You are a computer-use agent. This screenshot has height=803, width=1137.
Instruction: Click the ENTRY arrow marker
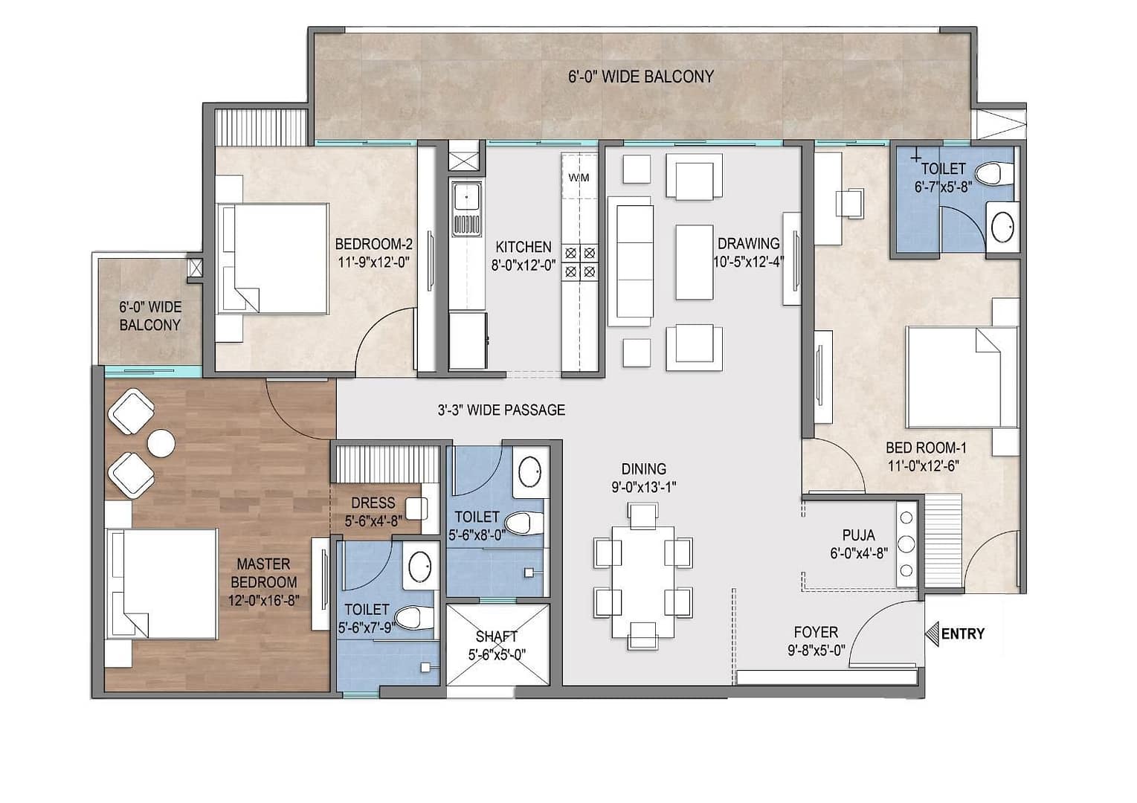coord(932,634)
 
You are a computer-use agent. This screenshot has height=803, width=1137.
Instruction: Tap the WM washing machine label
coord(579,178)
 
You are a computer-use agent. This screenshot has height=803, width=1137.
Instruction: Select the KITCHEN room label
coord(524,247)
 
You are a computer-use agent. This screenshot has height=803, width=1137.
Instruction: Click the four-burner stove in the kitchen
coord(580,262)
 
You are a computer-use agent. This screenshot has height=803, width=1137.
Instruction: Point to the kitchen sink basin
coord(466,197)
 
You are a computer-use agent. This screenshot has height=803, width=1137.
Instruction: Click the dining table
coord(643,581)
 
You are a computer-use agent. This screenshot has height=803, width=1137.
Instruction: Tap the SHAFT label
coord(497,636)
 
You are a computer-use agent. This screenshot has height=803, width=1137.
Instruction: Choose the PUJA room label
coord(859,535)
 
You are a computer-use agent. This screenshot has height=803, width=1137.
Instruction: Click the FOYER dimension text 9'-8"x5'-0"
coord(816,650)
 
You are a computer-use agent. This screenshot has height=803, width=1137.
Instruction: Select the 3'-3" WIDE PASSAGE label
coord(501,410)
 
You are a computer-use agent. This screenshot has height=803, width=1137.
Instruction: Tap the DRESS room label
coord(373,503)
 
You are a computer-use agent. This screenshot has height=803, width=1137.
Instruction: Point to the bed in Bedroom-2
coord(272,259)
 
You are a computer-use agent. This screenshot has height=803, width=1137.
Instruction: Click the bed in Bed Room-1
coord(962,377)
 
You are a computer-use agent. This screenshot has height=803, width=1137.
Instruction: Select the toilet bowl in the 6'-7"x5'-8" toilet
coord(990,173)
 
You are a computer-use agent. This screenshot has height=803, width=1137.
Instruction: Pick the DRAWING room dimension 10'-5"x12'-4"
coord(750,262)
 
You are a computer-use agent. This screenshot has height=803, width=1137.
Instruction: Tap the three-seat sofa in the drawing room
coord(630,262)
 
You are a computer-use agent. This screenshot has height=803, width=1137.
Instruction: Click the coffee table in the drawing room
coord(695,262)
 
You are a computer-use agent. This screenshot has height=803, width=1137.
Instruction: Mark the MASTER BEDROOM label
coord(263,573)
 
